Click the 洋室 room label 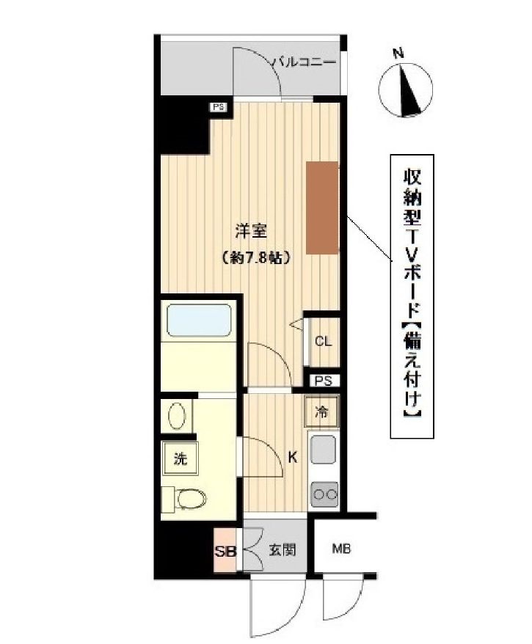click(250, 231)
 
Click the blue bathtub click(199, 321)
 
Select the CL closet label click(323, 341)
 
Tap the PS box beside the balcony click(218, 107)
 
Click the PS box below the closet click(324, 381)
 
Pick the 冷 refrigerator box click(322, 412)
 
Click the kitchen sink click(323, 449)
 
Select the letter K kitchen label click(293, 458)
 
